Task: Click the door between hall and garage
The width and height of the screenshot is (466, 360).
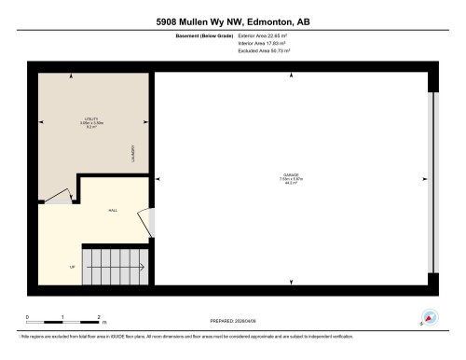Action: (145, 222)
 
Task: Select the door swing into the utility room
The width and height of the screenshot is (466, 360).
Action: (58, 196)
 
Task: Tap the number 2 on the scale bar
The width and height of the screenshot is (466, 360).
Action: (99, 317)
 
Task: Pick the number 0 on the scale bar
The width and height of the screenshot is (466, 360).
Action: (27, 317)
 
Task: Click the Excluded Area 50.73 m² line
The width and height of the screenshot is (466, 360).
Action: (265, 52)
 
